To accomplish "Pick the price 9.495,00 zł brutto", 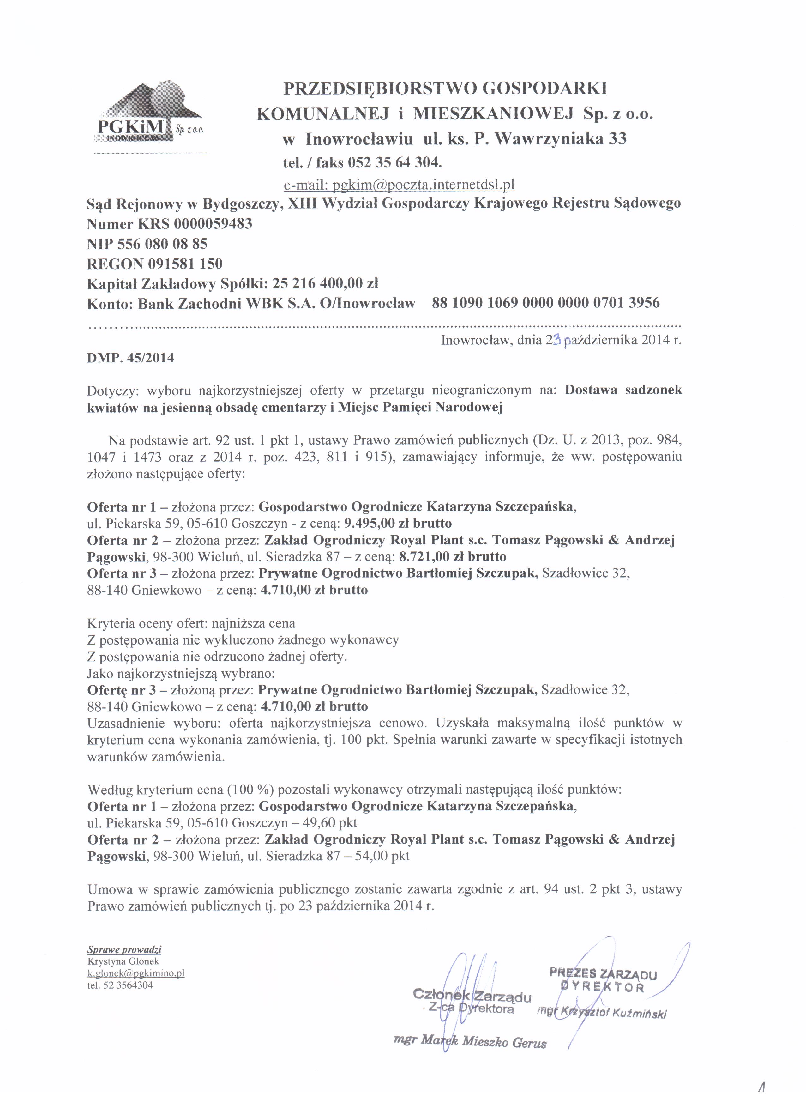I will (x=398, y=523).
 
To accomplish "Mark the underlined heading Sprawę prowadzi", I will (x=124, y=949).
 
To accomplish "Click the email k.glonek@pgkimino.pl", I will (x=135, y=973).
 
